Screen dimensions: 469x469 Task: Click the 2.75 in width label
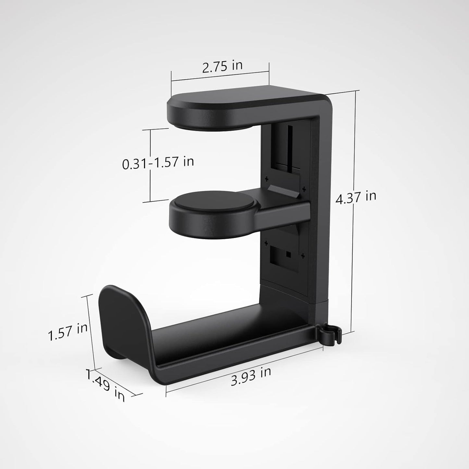(222, 66)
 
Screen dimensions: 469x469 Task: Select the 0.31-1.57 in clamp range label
(158, 162)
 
